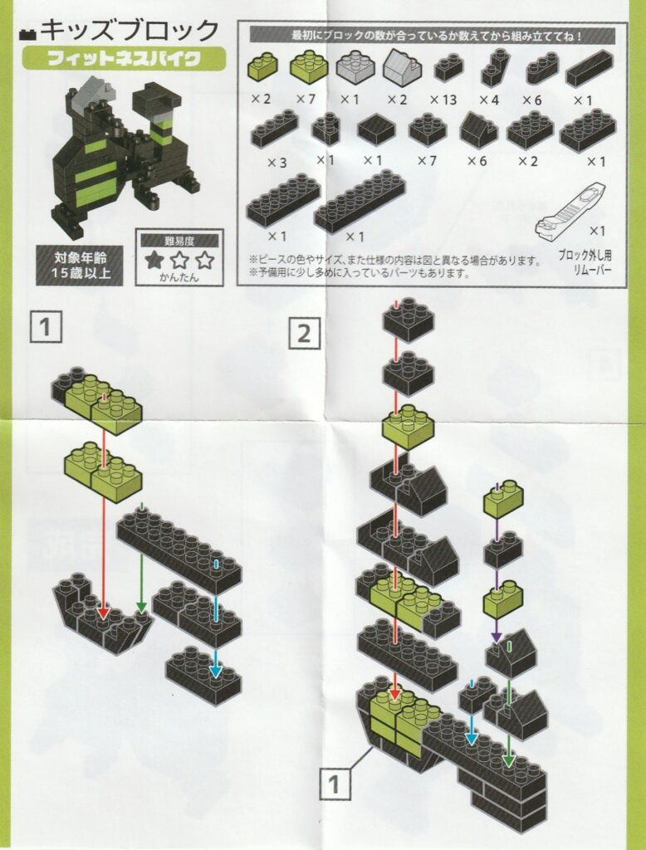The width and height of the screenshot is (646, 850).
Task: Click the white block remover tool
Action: click(x=570, y=212)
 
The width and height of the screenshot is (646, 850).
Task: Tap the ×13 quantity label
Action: click(x=443, y=100)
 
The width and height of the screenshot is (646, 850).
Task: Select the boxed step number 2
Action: click(x=304, y=334)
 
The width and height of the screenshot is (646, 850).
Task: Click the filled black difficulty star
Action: click(x=155, y=261)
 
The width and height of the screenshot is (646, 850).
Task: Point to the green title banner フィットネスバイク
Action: click(x=124, y=58)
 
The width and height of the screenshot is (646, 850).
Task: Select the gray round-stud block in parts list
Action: click(x=356, y=66)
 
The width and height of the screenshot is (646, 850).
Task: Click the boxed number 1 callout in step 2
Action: click(x=334, y=784)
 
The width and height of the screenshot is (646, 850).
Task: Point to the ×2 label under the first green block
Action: click(x=261, y=100)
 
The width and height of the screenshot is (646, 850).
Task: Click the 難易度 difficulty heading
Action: click(x=179, y=242)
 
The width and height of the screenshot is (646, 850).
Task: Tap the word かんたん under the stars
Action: click(x=179, y=278)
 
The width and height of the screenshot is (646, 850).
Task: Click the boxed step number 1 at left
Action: click(x=46, y=327)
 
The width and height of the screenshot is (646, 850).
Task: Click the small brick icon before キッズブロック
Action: click(x=27, y=35)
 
